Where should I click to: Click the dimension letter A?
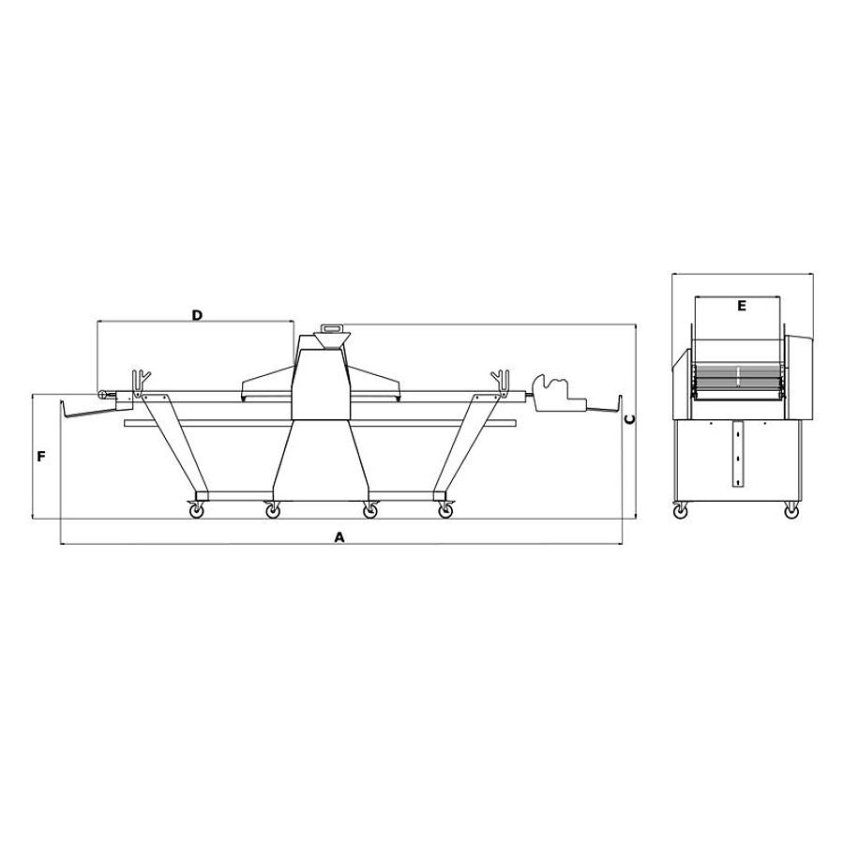pos(340,537)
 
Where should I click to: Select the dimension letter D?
pos(197,316)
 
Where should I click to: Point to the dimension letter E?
pos(741,306)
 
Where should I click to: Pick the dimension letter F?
pos(41,457)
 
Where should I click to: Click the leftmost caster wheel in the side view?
pos(198,511)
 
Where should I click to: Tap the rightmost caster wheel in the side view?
pos(445,511)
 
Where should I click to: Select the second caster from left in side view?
pos(272,511)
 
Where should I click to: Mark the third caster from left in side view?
pos(370,511)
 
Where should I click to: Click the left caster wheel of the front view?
pos(680,511)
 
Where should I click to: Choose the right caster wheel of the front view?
pos(791,511)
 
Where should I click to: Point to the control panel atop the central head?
pos(332,329)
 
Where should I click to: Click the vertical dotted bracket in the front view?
pos(737,456)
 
